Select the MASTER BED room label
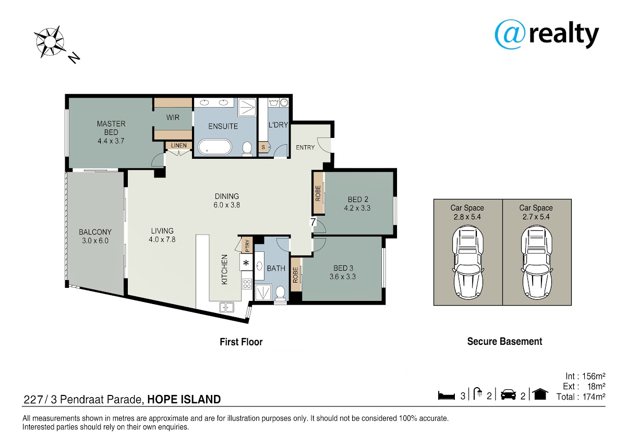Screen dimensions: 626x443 (x=111, y=128)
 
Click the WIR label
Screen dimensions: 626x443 (x=173, y=118)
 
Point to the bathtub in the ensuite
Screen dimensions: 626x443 (x=215, y=147)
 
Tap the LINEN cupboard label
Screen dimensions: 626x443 (x=179, y=146)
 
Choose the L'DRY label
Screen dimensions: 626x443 (x=278, y=125)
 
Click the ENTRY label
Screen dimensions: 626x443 (x=305, y=147)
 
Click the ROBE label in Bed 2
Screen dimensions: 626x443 (x=318, y=193)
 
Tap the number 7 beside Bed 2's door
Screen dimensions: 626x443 (x=313, y=222)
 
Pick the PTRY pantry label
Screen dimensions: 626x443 (x=247, y=246)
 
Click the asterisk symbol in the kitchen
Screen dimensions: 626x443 (x=246, y=263)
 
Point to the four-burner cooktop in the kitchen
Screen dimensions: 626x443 (x=247, y=284)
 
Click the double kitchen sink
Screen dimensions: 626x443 (x=226, y=307)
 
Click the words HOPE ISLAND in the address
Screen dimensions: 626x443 (x=184, y=399)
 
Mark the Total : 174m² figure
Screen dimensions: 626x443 (x=581, y=397)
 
